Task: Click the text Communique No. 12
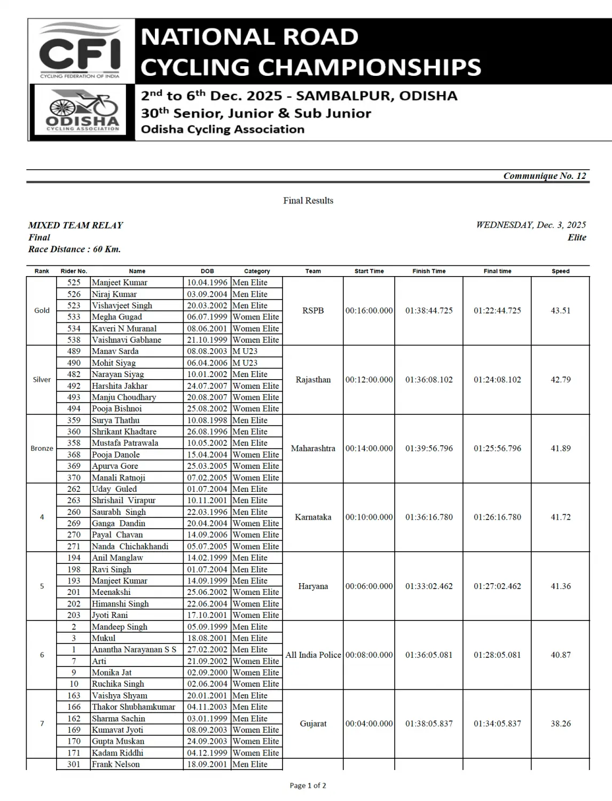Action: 544,176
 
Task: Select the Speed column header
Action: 560,271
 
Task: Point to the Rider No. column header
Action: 74,271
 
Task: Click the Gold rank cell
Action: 42,310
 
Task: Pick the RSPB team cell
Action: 313,310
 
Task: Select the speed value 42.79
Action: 560,380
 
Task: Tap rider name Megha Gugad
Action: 116,317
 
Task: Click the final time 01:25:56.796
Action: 497,449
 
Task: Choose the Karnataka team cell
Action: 313,517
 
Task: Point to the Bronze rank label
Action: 42,449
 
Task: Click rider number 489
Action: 74,351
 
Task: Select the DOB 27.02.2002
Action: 207,649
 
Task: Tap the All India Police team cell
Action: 313,655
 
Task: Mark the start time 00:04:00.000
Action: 369,724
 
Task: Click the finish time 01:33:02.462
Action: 429,586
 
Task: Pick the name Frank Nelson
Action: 115,764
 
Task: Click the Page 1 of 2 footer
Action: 308,786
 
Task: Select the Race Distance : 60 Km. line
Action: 74,249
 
